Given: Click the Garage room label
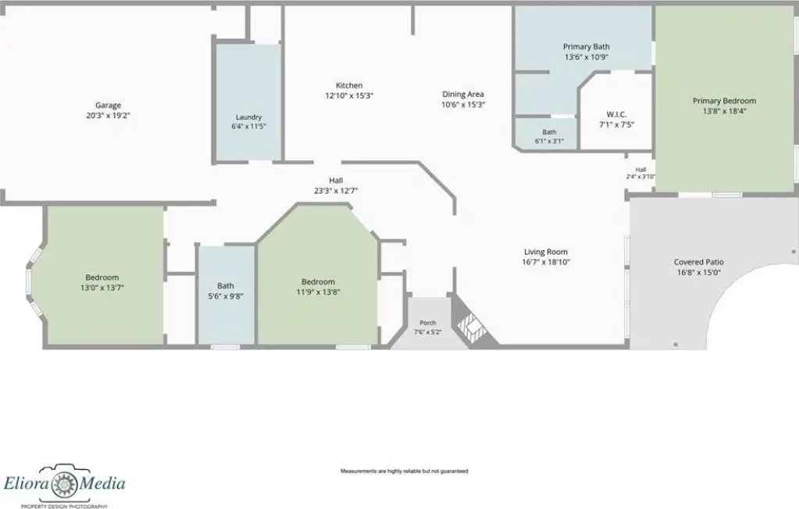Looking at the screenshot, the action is (108, 106).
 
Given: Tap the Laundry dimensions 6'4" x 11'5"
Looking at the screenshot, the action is (248, 126).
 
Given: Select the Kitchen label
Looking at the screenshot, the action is (349, 85).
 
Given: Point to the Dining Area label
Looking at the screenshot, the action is (462, 94).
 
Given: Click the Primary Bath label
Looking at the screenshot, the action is (586, 46).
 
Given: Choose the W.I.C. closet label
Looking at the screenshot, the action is (616, 114).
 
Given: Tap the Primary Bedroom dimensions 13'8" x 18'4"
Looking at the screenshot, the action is (724, 111).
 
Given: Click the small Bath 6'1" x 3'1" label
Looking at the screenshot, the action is (549, 137).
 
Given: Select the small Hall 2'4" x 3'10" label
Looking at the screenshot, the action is (640, 174).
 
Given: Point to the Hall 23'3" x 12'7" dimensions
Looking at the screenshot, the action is (336, 191).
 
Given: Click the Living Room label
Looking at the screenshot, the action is (546, 252).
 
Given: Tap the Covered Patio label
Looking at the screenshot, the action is (698, 262).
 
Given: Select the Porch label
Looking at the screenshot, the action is (427, 322).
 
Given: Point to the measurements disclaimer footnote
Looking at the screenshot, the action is (404, 471).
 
